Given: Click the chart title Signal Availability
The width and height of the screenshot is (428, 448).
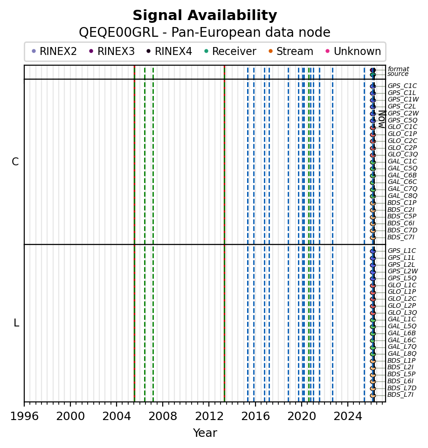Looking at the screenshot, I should (205, 16).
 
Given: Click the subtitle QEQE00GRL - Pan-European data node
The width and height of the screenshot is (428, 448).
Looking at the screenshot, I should (205, 33).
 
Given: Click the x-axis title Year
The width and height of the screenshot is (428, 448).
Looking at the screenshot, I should (205, 433).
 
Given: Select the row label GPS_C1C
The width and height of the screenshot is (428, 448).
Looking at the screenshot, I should (402, 86).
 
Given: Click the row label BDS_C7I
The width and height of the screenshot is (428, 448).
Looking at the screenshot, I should (400, 238).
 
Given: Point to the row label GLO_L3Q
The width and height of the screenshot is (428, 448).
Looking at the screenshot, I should (402, 312).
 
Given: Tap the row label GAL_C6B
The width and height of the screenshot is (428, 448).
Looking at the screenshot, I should (402, 175).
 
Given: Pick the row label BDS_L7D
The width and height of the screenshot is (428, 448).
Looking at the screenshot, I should (402, 388).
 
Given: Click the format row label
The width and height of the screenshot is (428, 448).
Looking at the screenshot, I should (398, 69).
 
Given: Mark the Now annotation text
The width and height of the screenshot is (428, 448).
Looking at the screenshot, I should (381, 119).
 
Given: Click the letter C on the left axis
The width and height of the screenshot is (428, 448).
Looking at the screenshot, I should (15, 162).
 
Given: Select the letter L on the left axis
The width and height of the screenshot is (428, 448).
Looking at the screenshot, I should (16, 323).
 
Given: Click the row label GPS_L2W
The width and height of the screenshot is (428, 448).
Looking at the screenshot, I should (402, 271).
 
